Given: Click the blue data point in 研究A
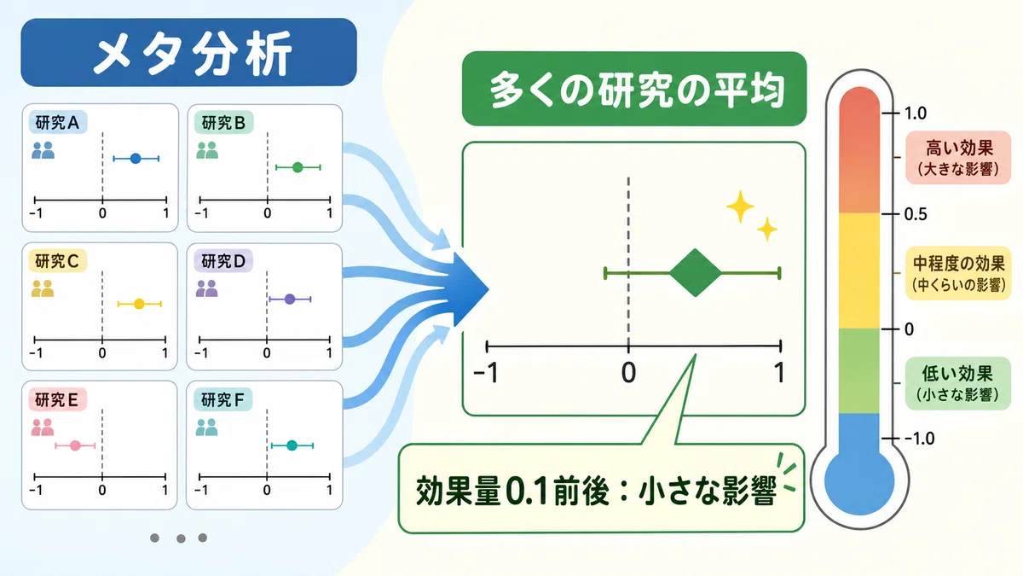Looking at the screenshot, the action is (136, 159).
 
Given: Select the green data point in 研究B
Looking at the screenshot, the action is (298, 168).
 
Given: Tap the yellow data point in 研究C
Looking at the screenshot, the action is (139, 304).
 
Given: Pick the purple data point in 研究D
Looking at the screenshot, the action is (290, 300).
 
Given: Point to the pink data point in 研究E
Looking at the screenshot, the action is (75, 445).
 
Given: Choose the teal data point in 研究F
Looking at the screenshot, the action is (292, 445).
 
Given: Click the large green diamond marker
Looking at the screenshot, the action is (695, 273).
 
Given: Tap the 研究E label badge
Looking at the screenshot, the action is (58, 400).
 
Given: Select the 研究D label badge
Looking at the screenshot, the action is (223, 261).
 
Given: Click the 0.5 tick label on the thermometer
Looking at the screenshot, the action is (916, 214).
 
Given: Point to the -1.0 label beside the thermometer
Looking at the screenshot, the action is (919, 439).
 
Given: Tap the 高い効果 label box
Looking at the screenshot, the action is (958, 158).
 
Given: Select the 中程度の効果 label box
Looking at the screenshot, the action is (958, 273).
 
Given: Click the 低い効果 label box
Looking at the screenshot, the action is (957, 383).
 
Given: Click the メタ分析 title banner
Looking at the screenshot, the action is (188, 52).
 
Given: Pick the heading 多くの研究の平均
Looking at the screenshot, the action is (634, 89).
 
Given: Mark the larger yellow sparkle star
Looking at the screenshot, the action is (740, 207).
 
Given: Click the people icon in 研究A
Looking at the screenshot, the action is (43, 150).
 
